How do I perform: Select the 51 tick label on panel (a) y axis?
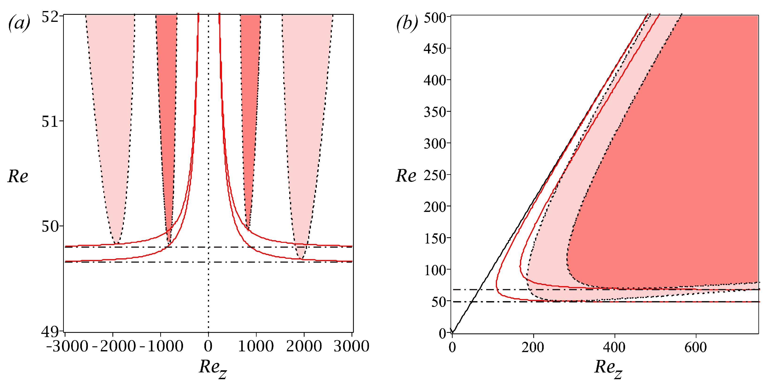click(50, 121)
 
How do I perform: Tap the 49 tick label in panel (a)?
click(50, 331)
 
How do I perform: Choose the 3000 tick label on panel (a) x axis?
click(352, 346)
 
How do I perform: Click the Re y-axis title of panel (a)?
click(18, 176)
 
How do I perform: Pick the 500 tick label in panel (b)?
click(435, 18)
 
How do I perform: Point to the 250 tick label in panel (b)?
click(435, 175)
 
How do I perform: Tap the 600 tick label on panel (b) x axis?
click(695, 347)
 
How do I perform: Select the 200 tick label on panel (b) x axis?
click(533, 347)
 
